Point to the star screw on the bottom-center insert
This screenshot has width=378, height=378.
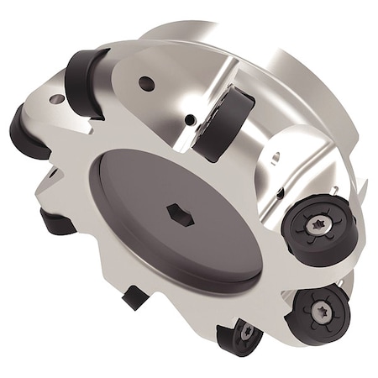(x=246, y=333)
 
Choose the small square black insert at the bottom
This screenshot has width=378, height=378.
(x=134, y=297)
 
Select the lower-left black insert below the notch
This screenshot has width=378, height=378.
(x=57, y=223)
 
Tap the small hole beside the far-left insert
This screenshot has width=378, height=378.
(x=57, y=99)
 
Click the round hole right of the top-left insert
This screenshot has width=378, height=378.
(x=146, y=83)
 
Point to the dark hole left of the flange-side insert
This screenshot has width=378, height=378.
(x=192, y=120)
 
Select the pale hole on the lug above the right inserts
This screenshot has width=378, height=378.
(x=275, y=156)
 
